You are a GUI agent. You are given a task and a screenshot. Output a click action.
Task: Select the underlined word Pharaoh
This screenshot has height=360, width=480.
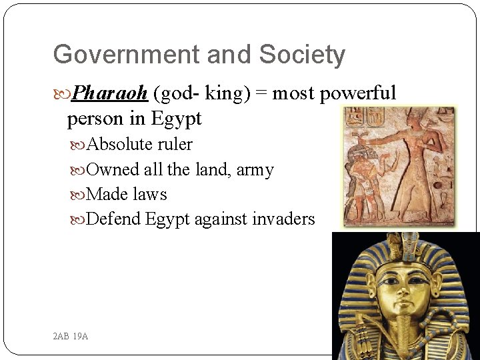click(109, 93)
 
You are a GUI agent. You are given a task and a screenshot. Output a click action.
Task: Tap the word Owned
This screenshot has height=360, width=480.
click(113, 170)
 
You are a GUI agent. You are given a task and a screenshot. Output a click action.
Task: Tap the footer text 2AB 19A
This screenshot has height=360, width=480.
click(70, 336)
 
